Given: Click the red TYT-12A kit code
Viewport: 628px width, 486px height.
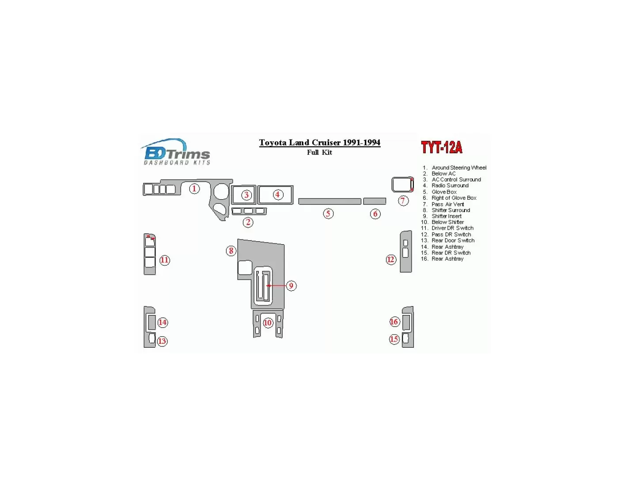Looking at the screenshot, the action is (441, 148).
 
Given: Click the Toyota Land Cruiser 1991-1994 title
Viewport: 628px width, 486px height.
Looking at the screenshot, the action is (319, 143).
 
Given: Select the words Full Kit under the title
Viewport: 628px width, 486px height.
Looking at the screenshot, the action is (319, 152).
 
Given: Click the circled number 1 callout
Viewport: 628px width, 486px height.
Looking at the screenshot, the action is (194, 189).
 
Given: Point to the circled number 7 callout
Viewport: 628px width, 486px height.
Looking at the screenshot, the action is (403, 201).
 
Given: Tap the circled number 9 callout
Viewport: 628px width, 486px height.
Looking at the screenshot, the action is (291, 286).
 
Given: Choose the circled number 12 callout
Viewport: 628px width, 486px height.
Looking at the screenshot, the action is (390, 259).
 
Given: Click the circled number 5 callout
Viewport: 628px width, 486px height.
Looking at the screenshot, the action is (328, 214).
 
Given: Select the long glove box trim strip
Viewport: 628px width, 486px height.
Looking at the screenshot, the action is (330, 201).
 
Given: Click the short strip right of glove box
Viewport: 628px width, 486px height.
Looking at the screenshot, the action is (375, 201).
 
